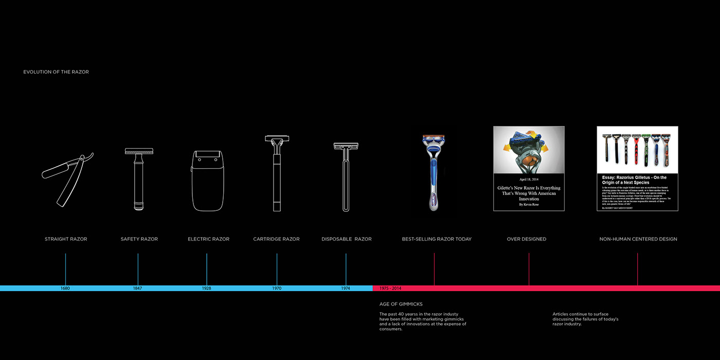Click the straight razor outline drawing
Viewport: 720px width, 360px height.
coord(66,177)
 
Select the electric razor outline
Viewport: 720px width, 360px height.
coord(208,180)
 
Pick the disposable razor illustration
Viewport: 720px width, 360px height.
coord(346,176)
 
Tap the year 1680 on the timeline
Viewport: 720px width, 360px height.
coord(65,289)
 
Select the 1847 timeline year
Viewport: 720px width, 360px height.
coord(137,289)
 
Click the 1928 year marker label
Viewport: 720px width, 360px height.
coord(206,289)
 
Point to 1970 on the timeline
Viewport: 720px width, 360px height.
coord(277,289)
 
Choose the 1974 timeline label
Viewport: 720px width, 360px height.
coord(346,289)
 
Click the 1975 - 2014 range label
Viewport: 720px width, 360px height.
coord(390,289)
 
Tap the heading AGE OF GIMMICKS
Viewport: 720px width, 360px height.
coord(401,304)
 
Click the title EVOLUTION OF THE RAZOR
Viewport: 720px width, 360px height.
coord(56,72)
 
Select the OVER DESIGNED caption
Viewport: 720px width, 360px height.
coord(527,239)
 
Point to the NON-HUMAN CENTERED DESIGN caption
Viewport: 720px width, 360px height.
coord(638,239)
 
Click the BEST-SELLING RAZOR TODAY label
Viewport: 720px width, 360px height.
coord(437,239)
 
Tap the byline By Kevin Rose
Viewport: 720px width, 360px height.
coord(529,205)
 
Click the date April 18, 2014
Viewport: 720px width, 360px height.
coord(529,179)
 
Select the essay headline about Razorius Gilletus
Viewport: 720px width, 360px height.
coord(637,180)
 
